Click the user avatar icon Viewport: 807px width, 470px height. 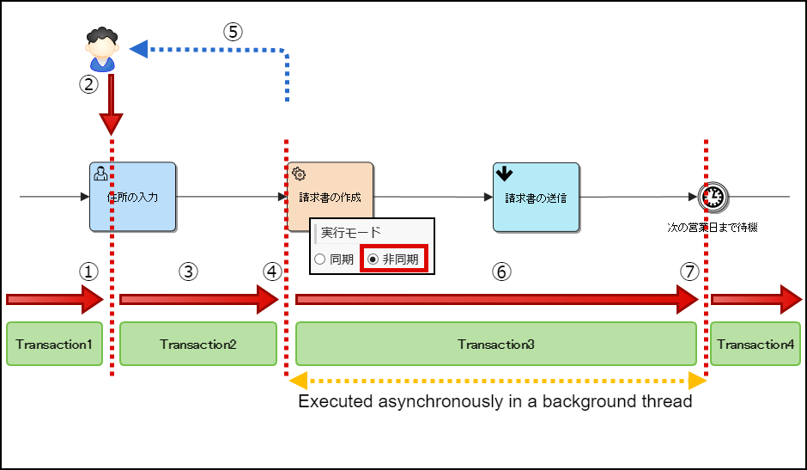click(102, 50)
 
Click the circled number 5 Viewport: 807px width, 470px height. click(234, 31)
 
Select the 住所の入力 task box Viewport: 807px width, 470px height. click(132, 197)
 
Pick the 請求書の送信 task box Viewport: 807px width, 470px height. click(536, 197)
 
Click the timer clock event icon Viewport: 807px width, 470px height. click(713, 197)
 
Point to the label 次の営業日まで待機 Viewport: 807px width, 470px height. click(713, 228)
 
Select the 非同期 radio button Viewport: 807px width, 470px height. click(373, 259)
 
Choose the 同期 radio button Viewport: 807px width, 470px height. click(320, 259)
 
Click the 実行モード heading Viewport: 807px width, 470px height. click(351, 232)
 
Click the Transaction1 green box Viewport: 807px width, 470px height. click(54, 344)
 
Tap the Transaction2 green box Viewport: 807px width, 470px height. click(198, 344)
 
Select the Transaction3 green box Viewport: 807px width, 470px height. click(496, 344)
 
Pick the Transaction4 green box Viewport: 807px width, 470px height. click(755, 344)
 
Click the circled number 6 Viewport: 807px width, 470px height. click(501, 272)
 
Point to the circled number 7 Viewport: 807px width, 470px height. click(689, 272)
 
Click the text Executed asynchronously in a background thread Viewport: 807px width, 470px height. click(495, 401)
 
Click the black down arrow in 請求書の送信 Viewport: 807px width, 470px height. click(505, 174)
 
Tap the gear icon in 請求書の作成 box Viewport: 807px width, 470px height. click(299, 174)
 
